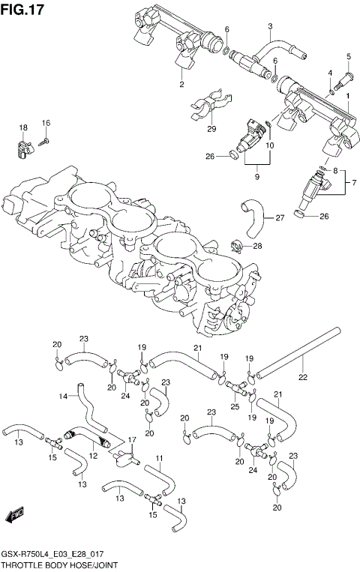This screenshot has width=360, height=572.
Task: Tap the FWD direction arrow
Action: pos(16,517)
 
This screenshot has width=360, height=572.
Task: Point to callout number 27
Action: pos(280,218)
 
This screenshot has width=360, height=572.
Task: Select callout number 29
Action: pos(211,129)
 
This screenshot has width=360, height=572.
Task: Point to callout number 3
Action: pos(269,26)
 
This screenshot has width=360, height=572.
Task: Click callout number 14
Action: pos(64,396)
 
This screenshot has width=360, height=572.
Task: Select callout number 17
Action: pos(131,440)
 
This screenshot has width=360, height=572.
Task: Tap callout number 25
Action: pos(235,406)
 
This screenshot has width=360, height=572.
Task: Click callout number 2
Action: pos(181,85)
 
